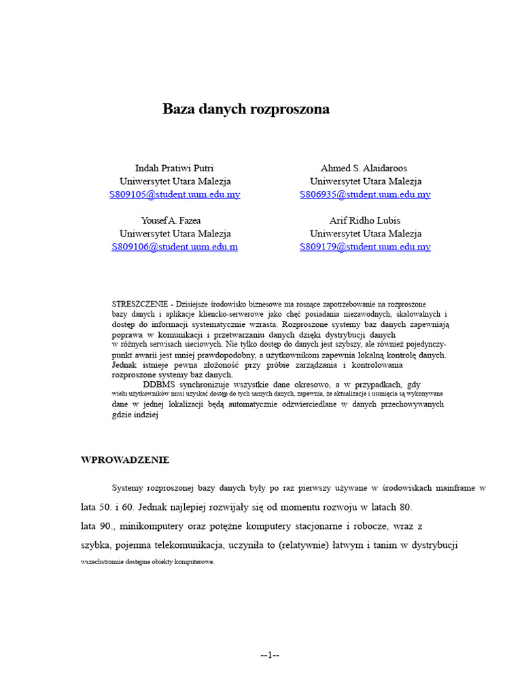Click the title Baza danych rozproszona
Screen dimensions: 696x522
[x=246, y=109]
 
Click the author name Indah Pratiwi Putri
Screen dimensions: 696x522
[x=175, y=168]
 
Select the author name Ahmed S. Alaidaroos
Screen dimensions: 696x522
[x=365, y=168]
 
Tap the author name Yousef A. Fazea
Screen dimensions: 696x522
[x=171, y=220]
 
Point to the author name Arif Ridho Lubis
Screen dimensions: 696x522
[x=365, y=220]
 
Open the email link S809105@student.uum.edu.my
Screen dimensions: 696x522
[x=175, y=194]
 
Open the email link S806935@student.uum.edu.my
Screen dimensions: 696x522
[x=365, y=194]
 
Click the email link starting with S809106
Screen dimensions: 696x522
[x=175, y=247]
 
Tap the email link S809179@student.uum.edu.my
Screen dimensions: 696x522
[x=365, y=247]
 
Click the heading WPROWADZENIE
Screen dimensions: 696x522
[x=125, y=460]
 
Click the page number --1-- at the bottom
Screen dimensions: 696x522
[x=270, y=655]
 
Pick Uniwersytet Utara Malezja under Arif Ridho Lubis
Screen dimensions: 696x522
[x=365, y=234]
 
